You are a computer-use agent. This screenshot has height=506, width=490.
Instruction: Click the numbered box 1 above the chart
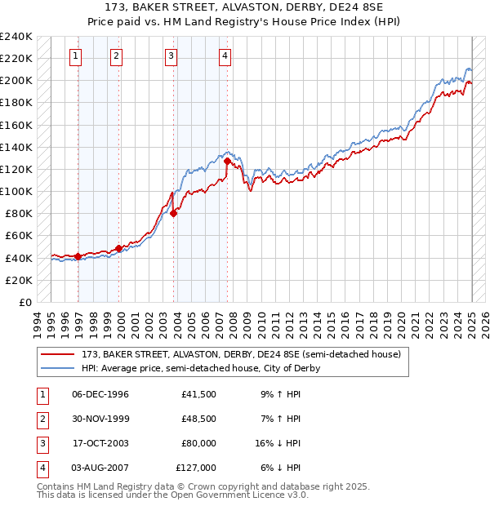(75, 56)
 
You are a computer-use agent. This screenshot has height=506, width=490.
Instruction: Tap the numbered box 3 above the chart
(171, 56)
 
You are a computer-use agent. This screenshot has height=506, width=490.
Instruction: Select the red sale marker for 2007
(226, 162)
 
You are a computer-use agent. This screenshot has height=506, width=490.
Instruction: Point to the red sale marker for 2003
(173, 214)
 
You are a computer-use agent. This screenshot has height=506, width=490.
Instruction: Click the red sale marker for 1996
(78, 256)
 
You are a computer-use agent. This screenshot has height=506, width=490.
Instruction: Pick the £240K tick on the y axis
(16, 37)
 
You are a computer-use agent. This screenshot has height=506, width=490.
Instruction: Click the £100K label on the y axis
(16, 191)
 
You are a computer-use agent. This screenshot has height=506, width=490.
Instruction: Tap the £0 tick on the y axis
(24, 302)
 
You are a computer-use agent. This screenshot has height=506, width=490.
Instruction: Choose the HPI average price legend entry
(201, 368)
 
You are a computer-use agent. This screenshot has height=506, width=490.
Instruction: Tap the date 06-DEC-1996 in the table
(100, 394)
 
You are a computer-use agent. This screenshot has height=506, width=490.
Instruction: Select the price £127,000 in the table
(196, 468)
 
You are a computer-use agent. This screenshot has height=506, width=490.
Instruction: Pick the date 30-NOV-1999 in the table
(100, 419)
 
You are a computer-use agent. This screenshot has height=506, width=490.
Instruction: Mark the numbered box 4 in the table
(41, 468)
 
